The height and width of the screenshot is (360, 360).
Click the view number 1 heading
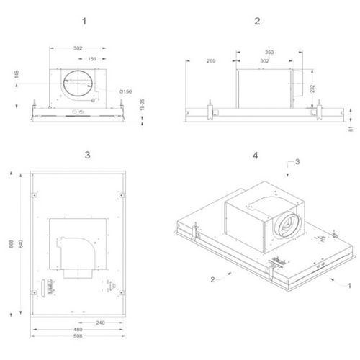(84, 22)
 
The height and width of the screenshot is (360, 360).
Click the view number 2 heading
(257, 21)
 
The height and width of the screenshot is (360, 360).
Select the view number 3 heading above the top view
(88, 155)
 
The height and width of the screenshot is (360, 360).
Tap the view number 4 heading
(256, 156)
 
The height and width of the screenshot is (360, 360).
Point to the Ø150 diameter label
(125, 91)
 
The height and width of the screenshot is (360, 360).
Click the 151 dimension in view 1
(92, 59)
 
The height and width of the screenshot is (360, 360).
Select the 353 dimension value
(269, 53)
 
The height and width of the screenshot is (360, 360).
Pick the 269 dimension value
(211, 61)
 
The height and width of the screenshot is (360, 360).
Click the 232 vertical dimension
(312, 89)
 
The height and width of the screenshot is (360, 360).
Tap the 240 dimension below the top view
(100, 323)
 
